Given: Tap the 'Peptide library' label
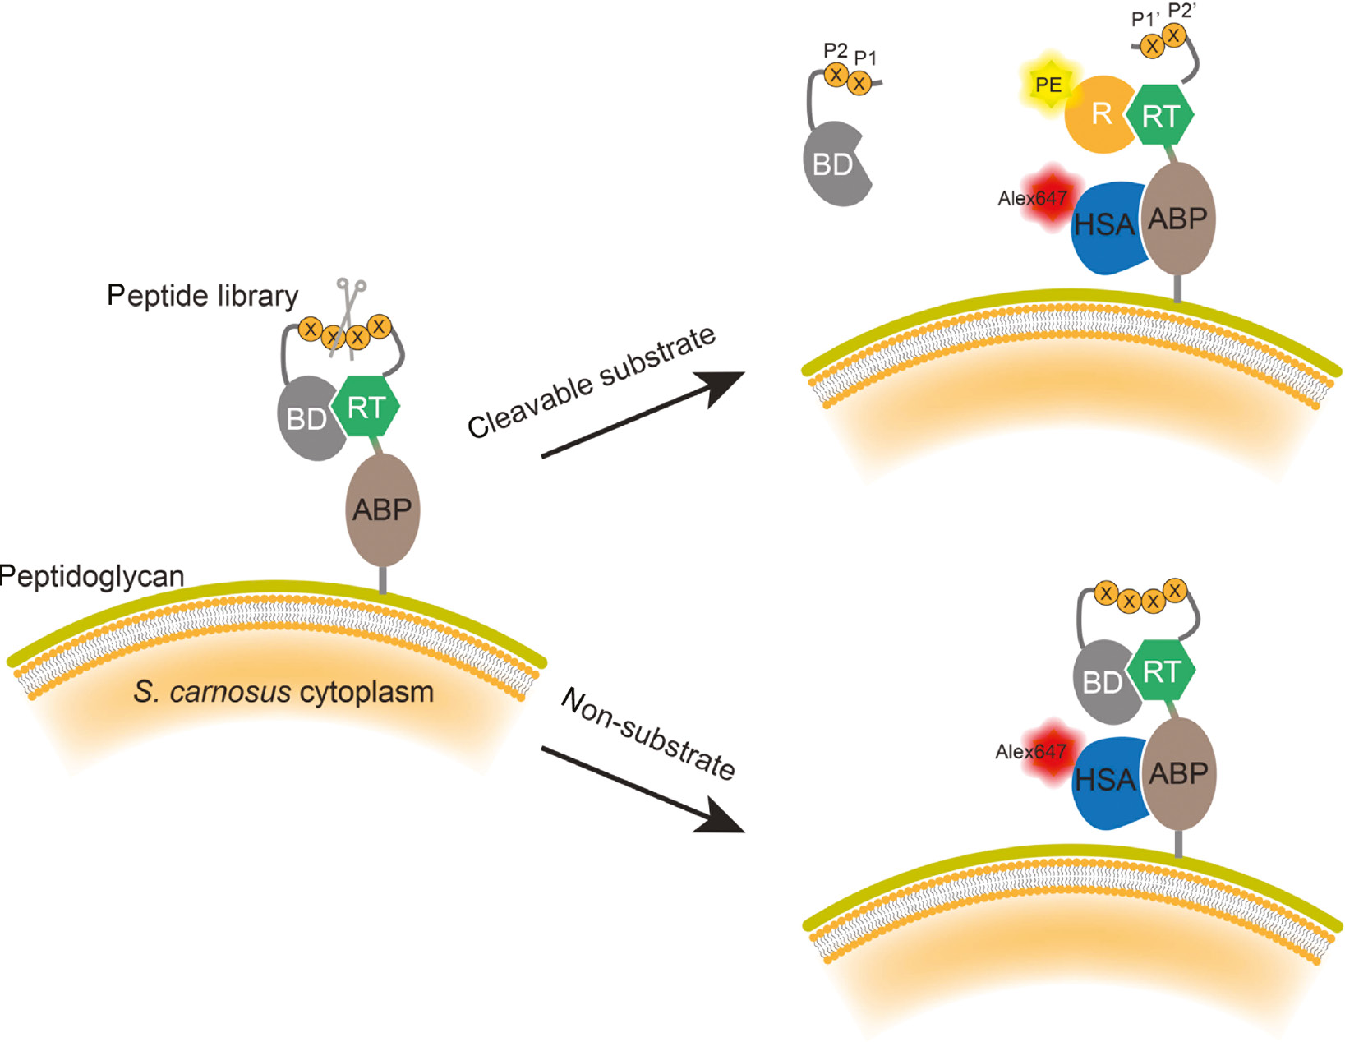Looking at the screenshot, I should coord(202,296).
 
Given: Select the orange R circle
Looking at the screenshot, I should coord(1099,115).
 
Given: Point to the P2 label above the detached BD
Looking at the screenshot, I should coord(835,51).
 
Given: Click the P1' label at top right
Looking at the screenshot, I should coord(1145,19).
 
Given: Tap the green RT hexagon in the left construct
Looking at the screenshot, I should coord(366,408).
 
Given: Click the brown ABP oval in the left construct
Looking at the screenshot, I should coord(382,510).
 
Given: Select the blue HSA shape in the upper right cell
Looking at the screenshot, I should coord(1105,226).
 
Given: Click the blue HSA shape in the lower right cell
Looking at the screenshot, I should coord(1105,781).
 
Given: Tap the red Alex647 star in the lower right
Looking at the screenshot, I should coord(1051,749).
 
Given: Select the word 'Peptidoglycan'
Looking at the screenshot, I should coord(92,577).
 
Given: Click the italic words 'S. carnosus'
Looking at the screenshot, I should coord(212,693).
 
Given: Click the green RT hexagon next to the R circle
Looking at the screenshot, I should coord(1159,117).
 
